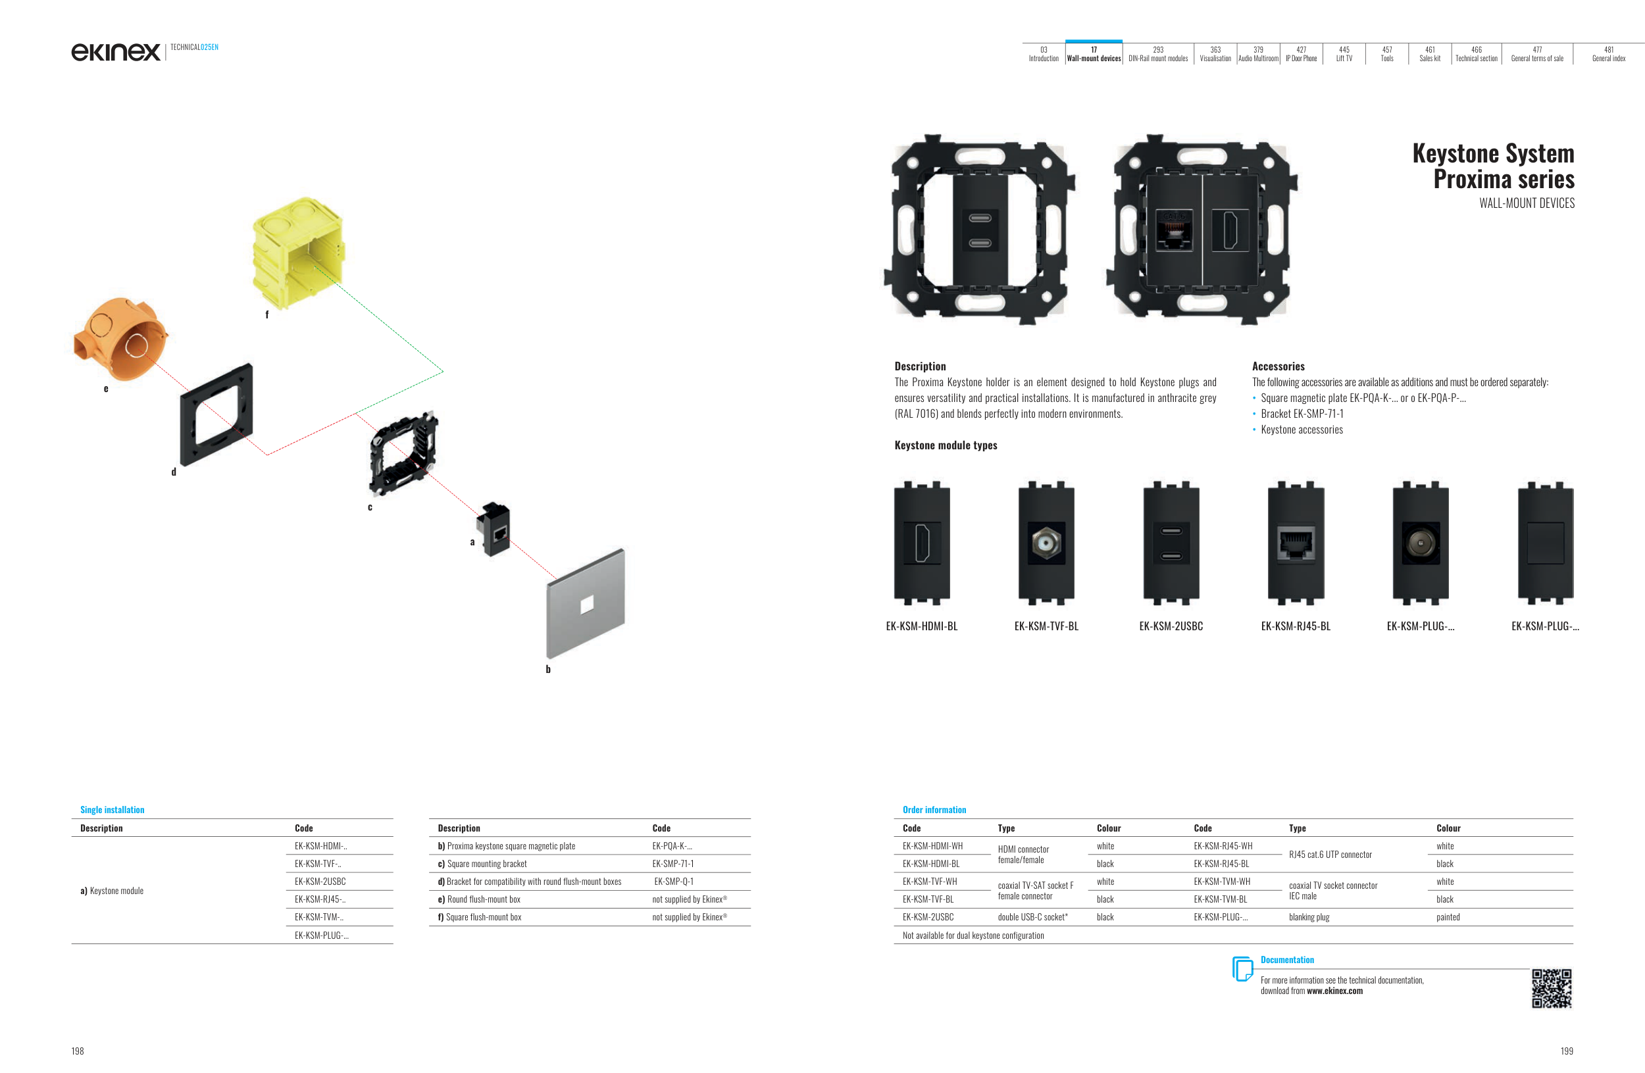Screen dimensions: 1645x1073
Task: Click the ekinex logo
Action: tap(115, 52)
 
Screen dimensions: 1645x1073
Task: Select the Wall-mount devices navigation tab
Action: tap(1094, 54)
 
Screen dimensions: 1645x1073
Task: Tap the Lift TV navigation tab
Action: tap(1344, 54)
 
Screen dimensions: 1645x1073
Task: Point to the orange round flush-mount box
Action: tap(120, 339)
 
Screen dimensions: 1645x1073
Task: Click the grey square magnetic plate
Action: tap(586, 604)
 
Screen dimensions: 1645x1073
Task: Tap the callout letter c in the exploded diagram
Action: tap(370, 507)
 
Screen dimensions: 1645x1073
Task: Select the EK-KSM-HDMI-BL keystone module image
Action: tap(921, 543)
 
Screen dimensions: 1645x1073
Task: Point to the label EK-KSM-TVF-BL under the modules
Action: tap(1046, 626)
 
